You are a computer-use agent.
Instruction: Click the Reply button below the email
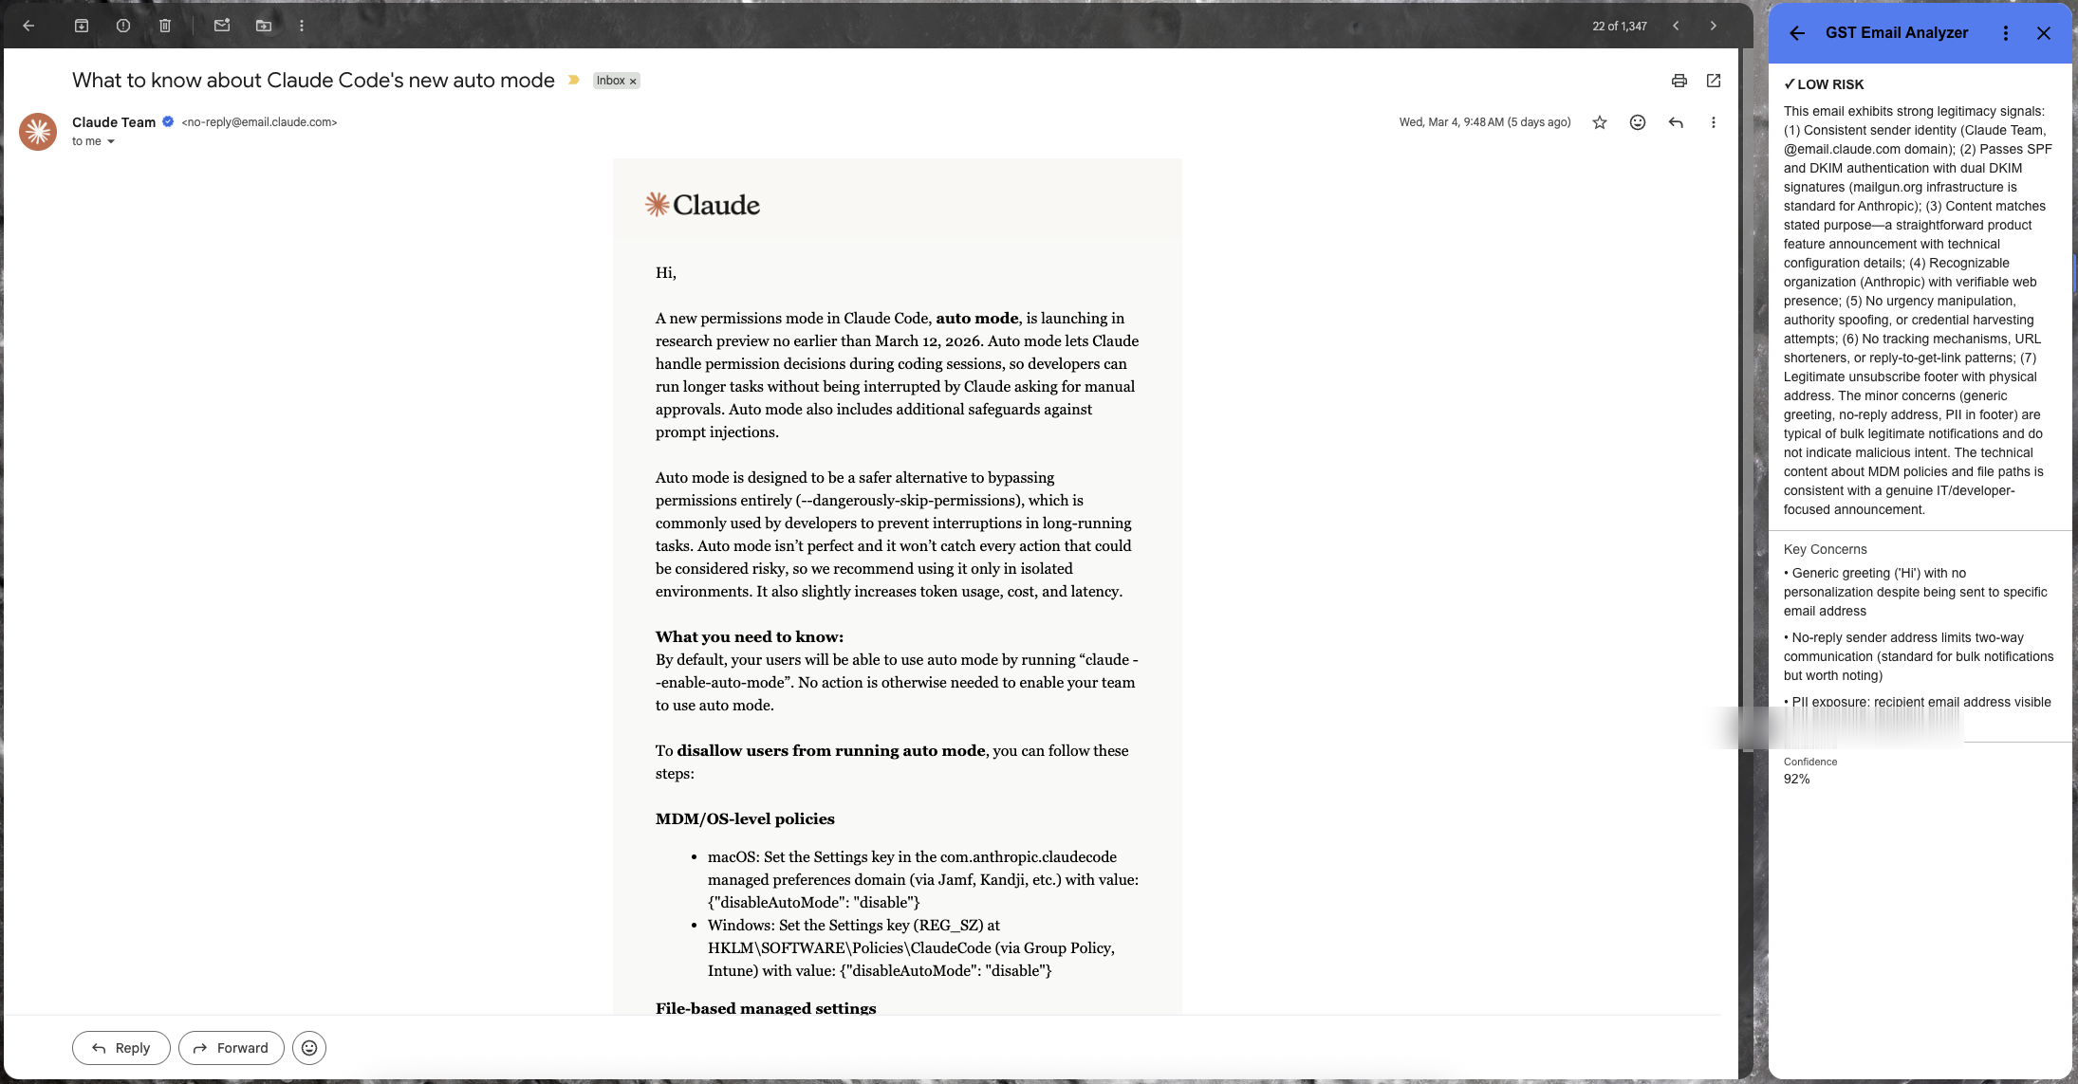tap(121, 1048)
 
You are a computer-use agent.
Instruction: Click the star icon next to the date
tap(1600, 122)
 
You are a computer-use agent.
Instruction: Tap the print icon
tap(1679, 81)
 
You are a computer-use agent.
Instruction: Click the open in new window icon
tap(1713, 81)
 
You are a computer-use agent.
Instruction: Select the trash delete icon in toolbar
tap(165, 26)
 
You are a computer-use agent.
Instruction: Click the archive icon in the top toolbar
tap(82, 26)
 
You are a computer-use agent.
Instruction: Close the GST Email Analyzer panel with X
tap(2043, 33)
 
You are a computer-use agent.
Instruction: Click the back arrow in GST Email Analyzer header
tap(1796, 33)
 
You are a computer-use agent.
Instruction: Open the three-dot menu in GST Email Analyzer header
tap(2005, 33)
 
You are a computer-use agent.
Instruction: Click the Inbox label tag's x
tap(633, 82)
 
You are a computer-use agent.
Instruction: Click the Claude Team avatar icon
tap(38, 132)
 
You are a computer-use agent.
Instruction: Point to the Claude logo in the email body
tap(702, 205)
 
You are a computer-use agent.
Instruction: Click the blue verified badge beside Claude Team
tap(168, 121)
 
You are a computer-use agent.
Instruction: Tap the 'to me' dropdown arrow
tap(111, 142)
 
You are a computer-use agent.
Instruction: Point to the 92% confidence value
tap(1796, 780)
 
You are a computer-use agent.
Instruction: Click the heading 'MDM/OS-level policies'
tap(745, 819)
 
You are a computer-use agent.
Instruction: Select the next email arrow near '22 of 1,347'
tap(1713, 26)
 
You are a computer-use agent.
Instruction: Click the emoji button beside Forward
tap(309, 1048)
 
